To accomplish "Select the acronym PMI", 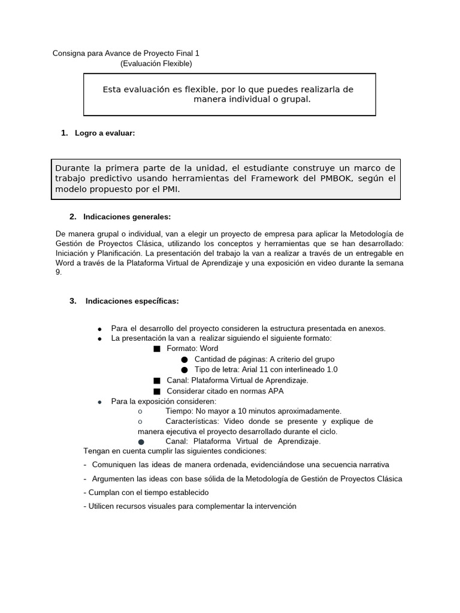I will pyautogui.click(x=170, y=189).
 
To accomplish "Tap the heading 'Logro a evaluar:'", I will pyautogui.click(x=105, y=133).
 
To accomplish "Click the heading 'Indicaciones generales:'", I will pyautogui.click(x=127, y=216).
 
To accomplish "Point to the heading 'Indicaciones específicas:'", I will pyautogui.click(x=132, y=301).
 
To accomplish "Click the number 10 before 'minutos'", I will pyautogui.click(x=243, y=411).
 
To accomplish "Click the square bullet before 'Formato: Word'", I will pyautogui.click(x=157, y=348).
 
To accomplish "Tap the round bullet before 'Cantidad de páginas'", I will pyautogui.click(x=184, y=359).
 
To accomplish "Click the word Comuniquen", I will pyautogui.click(x=114, y=465).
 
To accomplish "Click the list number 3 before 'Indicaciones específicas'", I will pyautogui.click(x=72, y=301).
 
